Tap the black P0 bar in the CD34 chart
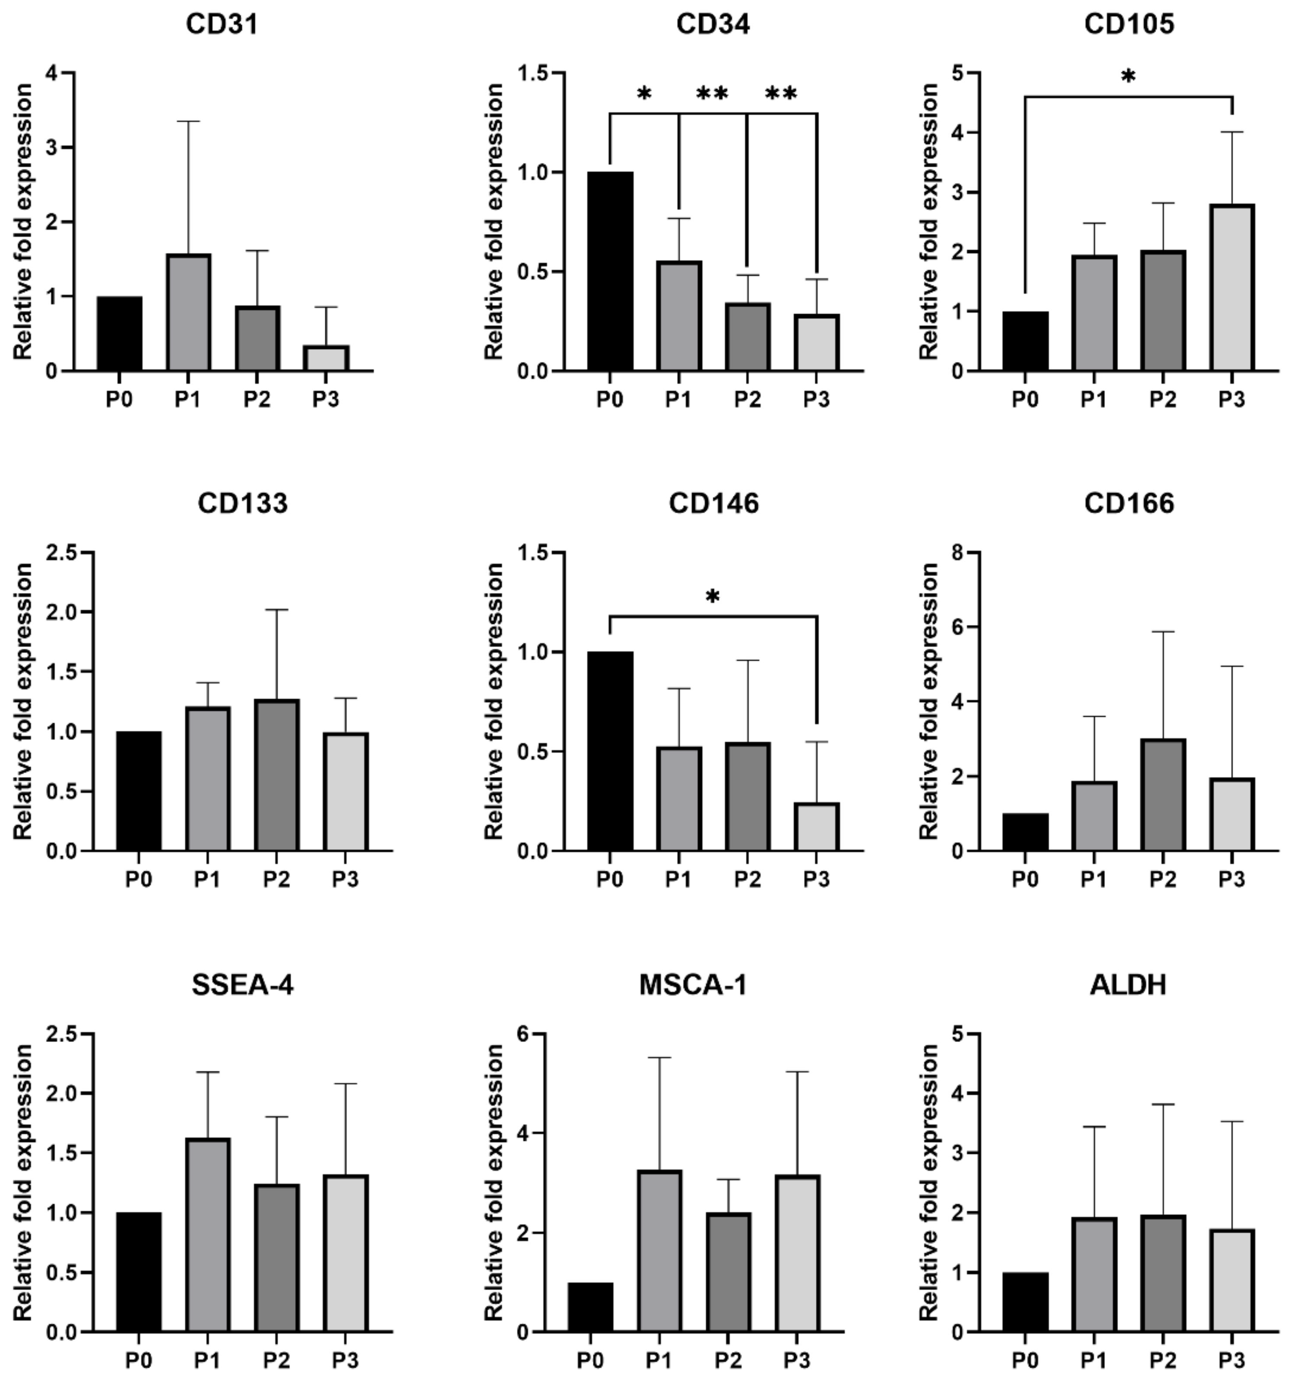point(610,272)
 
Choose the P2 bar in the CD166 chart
point(1162,795)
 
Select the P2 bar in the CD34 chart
point(747,337)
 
